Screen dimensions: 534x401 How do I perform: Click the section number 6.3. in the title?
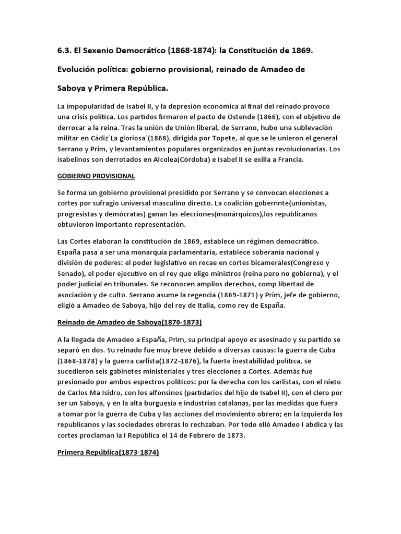pos(66,50)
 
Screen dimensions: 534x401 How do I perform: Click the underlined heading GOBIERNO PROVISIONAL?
pos(96,176)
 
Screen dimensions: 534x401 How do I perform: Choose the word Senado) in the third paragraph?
pos(73,273)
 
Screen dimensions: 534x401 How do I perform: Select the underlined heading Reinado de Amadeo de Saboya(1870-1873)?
pos(129,322)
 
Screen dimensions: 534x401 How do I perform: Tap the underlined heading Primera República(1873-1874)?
pos(108,453)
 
